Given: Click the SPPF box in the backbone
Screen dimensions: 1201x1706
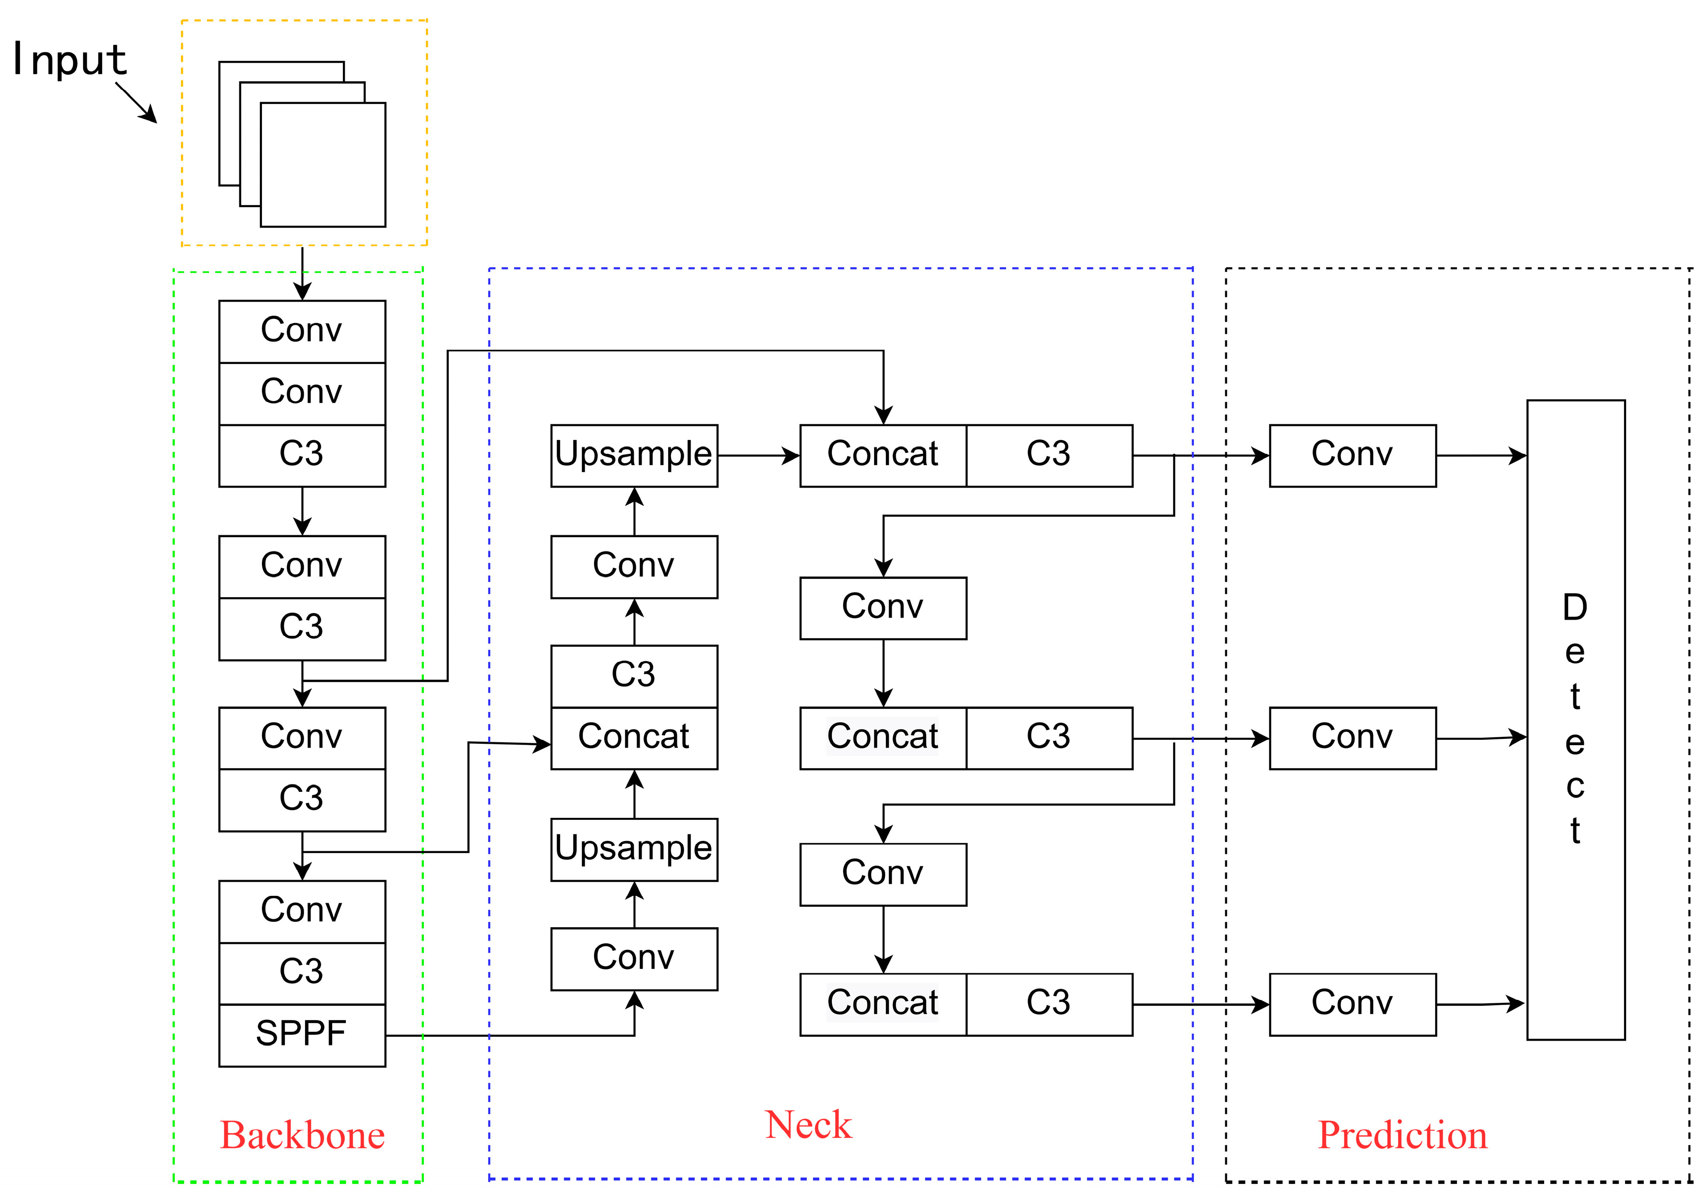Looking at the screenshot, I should click(x=302, y=1035).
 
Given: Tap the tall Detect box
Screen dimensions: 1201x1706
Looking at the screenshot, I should click(x=1575, y=719).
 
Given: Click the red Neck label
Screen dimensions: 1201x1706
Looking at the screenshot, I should click(x=808, y=1124).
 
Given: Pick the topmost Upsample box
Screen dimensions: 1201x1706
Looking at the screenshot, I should click(x=634, y=455).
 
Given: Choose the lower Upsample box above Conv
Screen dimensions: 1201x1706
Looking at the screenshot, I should click(x=634, y=849).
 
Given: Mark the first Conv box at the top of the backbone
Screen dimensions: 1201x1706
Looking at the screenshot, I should click(x=302, y=331).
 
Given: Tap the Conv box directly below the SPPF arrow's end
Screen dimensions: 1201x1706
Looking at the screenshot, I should click(x=634, y=958).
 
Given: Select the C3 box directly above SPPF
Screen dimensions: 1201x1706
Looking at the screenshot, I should click(x=302, y=972).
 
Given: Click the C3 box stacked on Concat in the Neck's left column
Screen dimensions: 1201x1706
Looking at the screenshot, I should click(x=634, y=675).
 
